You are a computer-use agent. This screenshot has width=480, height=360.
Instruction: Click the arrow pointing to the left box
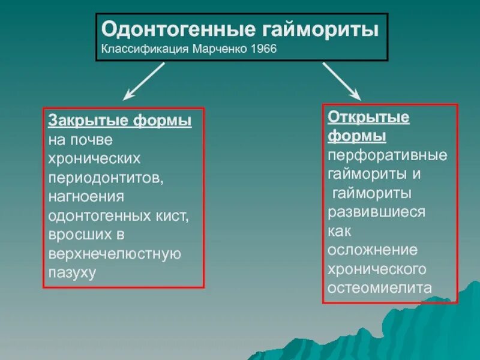pos(143,81)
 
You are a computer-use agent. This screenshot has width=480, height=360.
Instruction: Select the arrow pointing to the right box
pos(341,81)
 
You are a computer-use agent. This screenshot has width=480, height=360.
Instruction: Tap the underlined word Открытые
pos(368,117)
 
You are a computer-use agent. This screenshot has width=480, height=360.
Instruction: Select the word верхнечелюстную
pos(115,254)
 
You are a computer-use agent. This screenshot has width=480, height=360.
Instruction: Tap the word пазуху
pos(72,273)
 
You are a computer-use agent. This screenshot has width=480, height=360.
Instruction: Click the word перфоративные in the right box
pos(388,155)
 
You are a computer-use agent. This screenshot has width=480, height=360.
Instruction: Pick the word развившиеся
pos(377,212)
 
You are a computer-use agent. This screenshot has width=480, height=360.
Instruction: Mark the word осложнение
pos(372,250)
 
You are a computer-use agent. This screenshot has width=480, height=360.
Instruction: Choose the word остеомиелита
pos(379,288)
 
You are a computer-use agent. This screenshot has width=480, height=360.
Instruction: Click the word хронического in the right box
pos(377,269)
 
